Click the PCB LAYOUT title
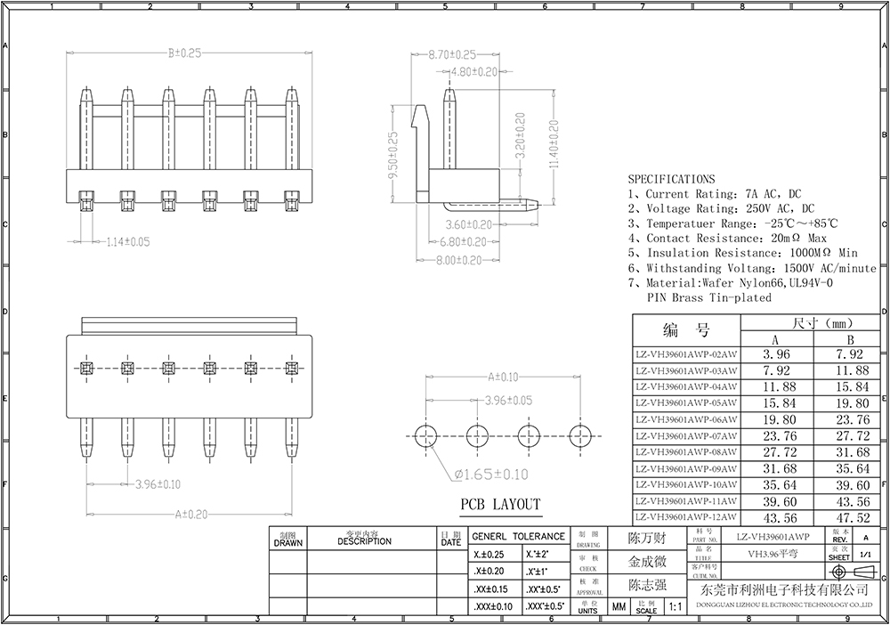pos(499,505)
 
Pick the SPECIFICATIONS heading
pos(671,179)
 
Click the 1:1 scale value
pos(674,608)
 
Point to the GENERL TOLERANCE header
pos(518,537)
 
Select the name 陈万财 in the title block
pos(647,540)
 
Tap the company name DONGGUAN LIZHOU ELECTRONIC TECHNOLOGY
pos(784,603)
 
